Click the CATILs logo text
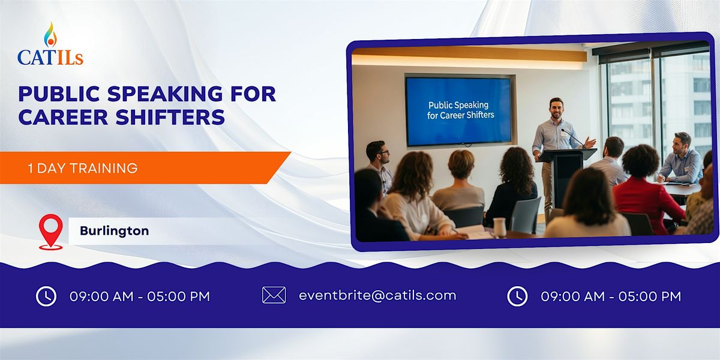click(x=50, y=57)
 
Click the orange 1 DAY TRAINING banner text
click(x=83, y=168)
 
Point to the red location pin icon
click(x=50, y=230)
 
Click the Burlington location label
click(x=114, y=230)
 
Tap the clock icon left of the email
click(x=46, y=296)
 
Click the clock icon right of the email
click(x=517, y=296)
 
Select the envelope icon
click(x=274, y=295)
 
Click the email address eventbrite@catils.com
click(x=377, y=295)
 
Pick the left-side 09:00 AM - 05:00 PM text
click(x=140, y=296)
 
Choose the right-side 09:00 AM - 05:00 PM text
click(x=611, y=296)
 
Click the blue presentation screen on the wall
click(x=460, y=110)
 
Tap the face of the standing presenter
click(x=556, y=109)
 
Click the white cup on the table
click(x=499, y=227)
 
